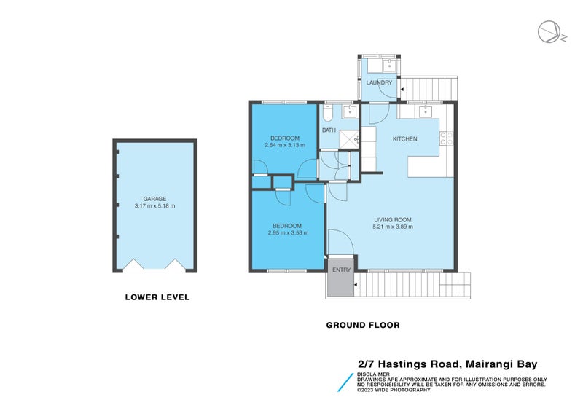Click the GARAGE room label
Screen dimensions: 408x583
154,198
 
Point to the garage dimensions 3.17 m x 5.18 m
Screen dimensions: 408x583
154,206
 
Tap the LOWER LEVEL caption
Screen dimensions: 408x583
157,297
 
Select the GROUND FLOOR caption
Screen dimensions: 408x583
362,325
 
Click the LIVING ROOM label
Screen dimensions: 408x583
394,219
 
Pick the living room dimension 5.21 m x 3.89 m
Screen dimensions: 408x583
394,227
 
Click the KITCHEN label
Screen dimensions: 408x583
404,138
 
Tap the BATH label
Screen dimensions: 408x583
329,131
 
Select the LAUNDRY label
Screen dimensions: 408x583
379,82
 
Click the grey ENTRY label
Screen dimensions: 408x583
341,270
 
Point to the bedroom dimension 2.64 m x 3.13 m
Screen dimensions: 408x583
284,145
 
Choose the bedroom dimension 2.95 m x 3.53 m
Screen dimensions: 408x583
288,233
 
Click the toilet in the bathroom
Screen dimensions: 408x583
329,114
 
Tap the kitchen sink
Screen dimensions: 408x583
424,111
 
